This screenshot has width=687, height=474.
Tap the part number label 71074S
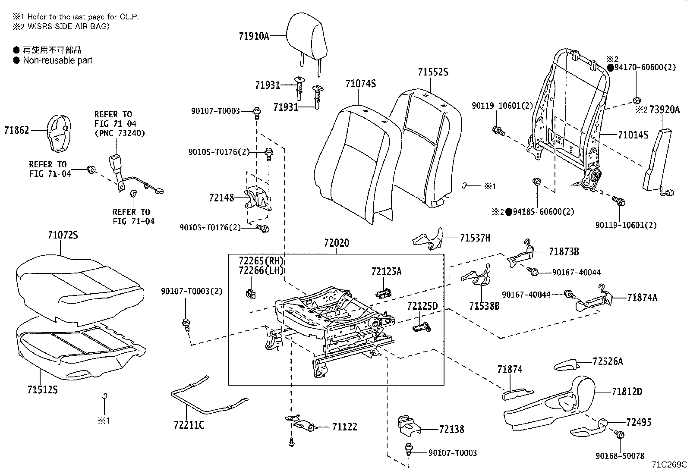pos(360,84)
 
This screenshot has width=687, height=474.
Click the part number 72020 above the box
pos(337,243)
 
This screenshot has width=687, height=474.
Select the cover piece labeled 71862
pos(58,133)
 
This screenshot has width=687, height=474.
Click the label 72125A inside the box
pos(386,271)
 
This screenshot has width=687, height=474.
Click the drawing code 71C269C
pos(668,465)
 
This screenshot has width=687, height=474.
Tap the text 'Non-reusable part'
pos(57,60)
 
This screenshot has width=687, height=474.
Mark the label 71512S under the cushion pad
pos(42,390)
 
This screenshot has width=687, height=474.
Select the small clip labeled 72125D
pos(421,327)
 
